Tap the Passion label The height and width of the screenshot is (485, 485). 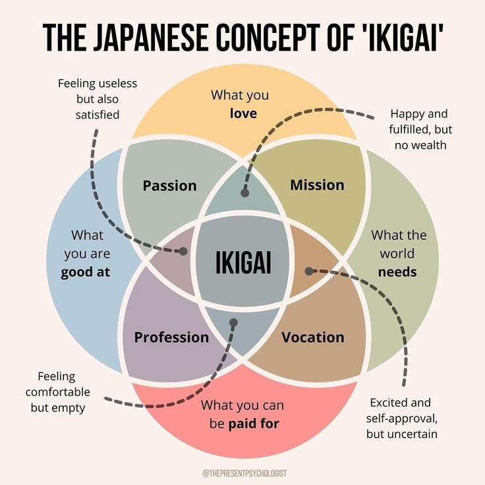pyautogui.click(x=169, y=186)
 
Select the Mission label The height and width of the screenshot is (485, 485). pyautogui.click(x=317, y=185)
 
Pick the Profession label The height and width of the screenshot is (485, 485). pyautogui.click(x=171, y=337)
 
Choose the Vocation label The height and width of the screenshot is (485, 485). pyautogui.click(x=312, y=337)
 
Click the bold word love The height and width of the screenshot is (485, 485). pyautogui.click(x=243, y=113)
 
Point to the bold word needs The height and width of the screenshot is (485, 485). pyautogui.click(x=397, y=271)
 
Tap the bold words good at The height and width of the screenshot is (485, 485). pyautogui.click(x=86, y=272)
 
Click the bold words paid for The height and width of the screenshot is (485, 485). pyautogui.click(x=254, y=424)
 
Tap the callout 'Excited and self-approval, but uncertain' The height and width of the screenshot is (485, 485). pyautogui.click(x=402, y=418)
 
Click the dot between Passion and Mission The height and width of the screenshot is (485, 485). pyautogui.click(x=244, y=194)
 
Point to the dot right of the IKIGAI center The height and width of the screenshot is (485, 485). pyautogui.click(x=308, y=270)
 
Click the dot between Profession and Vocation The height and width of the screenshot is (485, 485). pyautogui.click(x=232, y=322)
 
